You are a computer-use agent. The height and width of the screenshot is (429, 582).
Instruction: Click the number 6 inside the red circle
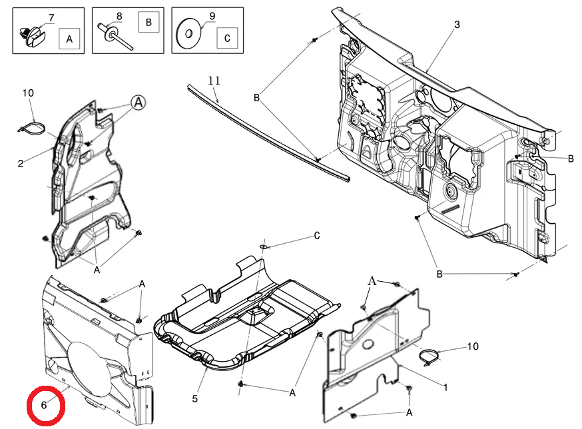tap(44, 405)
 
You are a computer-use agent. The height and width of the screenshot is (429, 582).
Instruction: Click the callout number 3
tap(457, 25)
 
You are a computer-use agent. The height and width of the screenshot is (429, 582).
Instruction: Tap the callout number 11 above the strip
tap(214, 80)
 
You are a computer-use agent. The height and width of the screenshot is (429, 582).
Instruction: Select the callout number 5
tap(195, 399)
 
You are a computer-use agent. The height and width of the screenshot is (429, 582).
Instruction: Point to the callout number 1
tap(445, 388)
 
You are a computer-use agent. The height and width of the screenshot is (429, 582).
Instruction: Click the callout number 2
tap(21, 163)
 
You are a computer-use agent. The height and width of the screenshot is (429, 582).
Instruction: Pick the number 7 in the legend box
tap(51, 18)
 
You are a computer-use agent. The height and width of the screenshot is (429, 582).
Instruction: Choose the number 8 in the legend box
tap(119, 17)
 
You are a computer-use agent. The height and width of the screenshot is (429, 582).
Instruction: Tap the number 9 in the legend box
tap(212, 17)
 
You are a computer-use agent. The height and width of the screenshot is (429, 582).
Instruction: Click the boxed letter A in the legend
tap(69, 39)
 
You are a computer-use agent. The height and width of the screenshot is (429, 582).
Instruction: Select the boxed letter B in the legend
tap(148, 22)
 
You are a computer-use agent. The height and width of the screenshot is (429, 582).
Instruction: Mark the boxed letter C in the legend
tap(227, 38)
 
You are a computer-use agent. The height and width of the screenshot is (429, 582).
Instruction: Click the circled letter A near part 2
tap(139, 102)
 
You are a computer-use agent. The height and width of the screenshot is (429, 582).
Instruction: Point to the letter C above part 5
tap(316, 236)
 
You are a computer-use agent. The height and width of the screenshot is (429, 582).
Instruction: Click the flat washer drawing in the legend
tap(188, 34)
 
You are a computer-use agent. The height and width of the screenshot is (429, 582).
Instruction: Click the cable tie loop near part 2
tap(32, 127)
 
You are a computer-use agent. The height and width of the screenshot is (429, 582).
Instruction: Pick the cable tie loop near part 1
tap(429, 357)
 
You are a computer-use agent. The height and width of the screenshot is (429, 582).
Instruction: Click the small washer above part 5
tap(263, 246)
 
